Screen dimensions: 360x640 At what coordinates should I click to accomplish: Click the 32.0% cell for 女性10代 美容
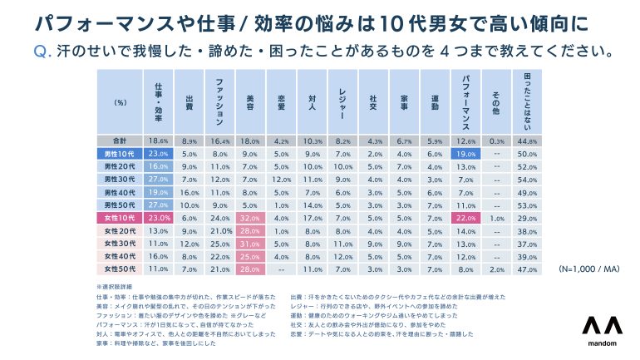[247, 217]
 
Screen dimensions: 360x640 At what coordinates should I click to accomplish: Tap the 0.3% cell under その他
[496, 141]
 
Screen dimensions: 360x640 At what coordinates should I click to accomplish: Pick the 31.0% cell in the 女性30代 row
[247, 244]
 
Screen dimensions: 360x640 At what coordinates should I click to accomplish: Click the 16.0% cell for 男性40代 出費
[190, 192]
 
